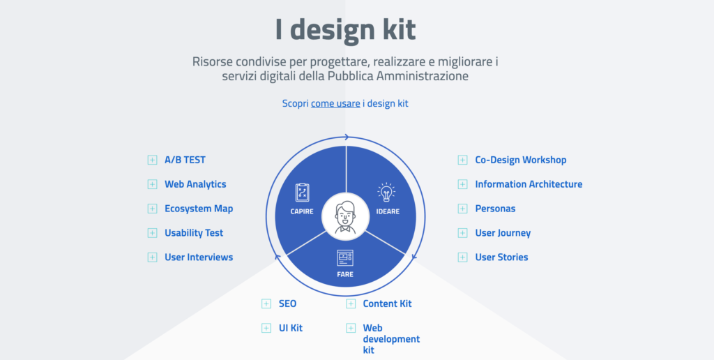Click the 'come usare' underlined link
(335, 103)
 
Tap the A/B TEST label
(185, 160)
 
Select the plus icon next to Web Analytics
(152, 185)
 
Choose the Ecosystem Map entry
(199, 209)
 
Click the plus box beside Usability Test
(152, 233)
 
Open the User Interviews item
(199, 257)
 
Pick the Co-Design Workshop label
(521, 160)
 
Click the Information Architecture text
(529, 185)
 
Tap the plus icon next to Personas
(463, 209)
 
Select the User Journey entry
(503, 233)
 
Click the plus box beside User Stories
(463, 257)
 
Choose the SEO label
(288, 304)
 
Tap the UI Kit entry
(291, 328)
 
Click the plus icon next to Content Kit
(351, 304)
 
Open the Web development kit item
(391, 339)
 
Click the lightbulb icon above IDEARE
(386, 193)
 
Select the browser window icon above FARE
(345, 258)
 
